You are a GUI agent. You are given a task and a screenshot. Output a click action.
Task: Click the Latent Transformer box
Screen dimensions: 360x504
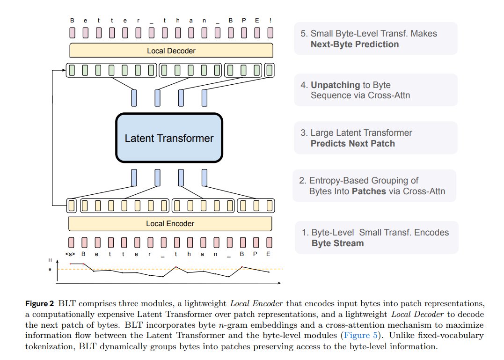pos(169,138)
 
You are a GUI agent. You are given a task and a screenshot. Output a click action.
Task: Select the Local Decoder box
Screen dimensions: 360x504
pos(171,51)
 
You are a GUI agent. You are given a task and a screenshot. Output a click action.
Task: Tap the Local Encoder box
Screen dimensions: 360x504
pos(170,224)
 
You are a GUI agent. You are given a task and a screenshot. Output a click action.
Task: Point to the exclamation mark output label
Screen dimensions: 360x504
pos(270,21)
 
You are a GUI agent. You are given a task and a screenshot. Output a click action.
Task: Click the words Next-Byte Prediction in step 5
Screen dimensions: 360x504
pos(355,44)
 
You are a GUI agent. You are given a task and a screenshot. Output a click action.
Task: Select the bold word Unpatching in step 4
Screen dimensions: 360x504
pos(331,85)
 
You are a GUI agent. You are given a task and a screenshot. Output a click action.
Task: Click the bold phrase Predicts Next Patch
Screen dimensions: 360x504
pos(352,143)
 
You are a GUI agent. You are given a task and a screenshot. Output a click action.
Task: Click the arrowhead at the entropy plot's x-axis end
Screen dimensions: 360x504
pos(279,283)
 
